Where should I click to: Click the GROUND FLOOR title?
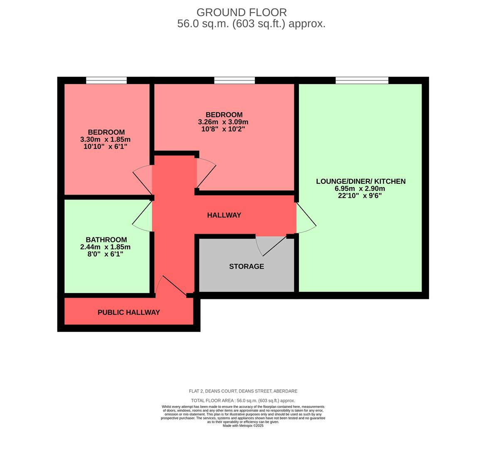(x=241, y=12)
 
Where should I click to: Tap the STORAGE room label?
(x=247, y=266)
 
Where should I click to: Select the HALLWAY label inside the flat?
(x=224, y=215)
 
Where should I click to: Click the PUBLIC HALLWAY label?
(x=128, y=312)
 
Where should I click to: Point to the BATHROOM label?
(x=106, y=240)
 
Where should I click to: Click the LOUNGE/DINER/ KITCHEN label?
(x=360, y=181)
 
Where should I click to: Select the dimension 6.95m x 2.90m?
(x=360, y=188)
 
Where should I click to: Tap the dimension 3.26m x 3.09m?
(x=223, y=122)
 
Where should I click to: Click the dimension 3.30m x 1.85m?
(x=105, y=140)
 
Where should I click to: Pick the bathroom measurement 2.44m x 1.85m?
(x=105, y=247)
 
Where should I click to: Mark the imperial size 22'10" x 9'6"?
(x=360, y=195)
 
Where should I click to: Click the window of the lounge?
(x=362, y=80)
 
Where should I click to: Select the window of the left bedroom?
(x=106, y=80)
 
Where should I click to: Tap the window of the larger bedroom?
(x=234, y=80)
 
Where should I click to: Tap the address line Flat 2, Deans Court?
(x=243, y=391)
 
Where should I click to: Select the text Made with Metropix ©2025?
(x=243, y=426)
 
